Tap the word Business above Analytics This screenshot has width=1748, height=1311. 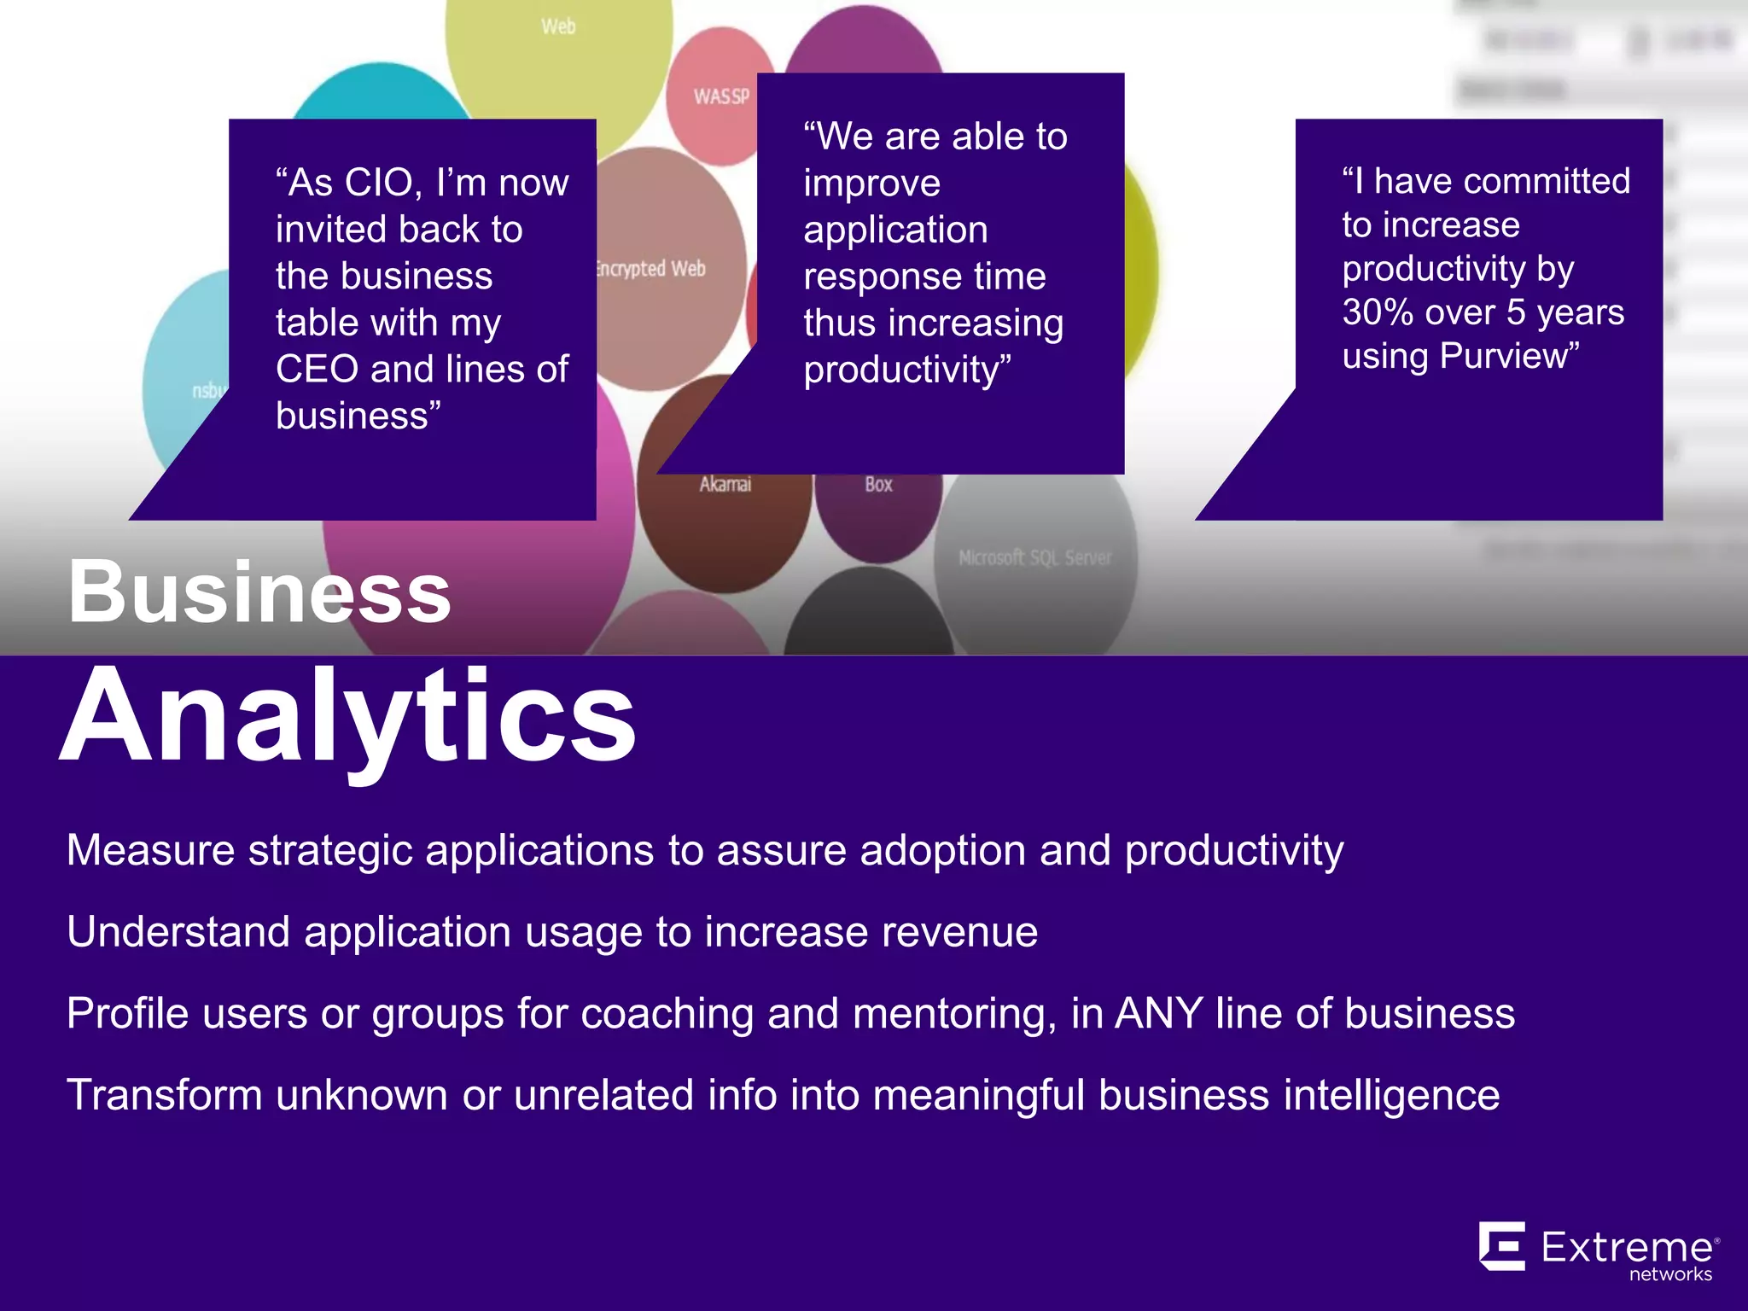click(259, 591)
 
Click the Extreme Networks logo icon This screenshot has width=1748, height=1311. click(1502, 1246)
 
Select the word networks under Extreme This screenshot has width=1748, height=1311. click(1670, 1274)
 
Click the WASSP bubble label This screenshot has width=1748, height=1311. click(721, 96)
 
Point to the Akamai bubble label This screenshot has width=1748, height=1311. click(725, 485)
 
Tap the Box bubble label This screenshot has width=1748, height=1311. click(878, 485)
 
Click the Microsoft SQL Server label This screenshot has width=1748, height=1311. click(1034, 558)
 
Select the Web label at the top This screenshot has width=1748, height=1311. click(558, 27)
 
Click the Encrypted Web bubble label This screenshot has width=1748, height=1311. click(652, 269)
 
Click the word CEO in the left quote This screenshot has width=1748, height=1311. click(317, 370)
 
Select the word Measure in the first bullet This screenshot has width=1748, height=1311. click(150, 851)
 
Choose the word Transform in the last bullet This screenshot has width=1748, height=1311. click(164, 1096)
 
